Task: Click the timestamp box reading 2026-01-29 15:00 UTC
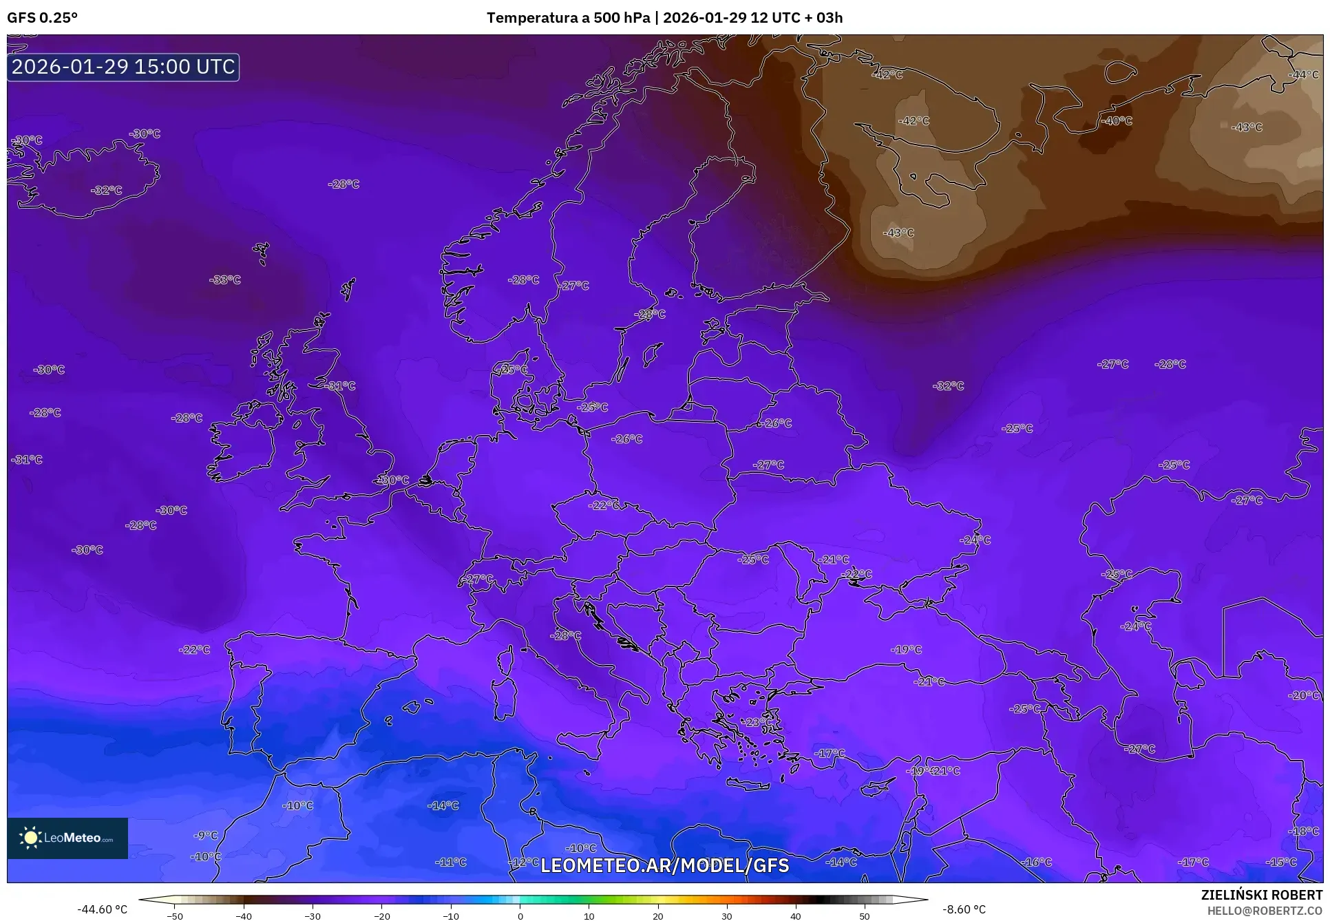tap(123, 67)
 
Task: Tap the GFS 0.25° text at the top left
tap(42, 18)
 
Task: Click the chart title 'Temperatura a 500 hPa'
tap(569, 18)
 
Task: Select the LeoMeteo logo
tap(67, 838)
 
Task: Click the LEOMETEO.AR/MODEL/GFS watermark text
tap(664, 865)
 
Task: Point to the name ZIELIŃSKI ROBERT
tap(1261, 895)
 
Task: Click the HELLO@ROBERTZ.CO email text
tap(1265, 911)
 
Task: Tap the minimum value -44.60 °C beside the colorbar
tap(102, 909)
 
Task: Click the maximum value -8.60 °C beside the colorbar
tap(964, 909)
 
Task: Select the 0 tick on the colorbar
tap(520, 916)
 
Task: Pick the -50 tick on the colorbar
tap(175, 916)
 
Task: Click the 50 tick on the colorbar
tap(865, 916)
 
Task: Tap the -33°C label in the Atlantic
tap(225, 280)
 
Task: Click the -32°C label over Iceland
tap(106, 190)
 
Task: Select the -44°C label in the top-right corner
tap(1303, 75)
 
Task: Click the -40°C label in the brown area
tap(1117, 120)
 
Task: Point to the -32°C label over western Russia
tap(948, 386)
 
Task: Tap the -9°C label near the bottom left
tap(205, 835)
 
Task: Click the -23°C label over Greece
tap(754, 722)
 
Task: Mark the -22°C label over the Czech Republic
tap(604, 505)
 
